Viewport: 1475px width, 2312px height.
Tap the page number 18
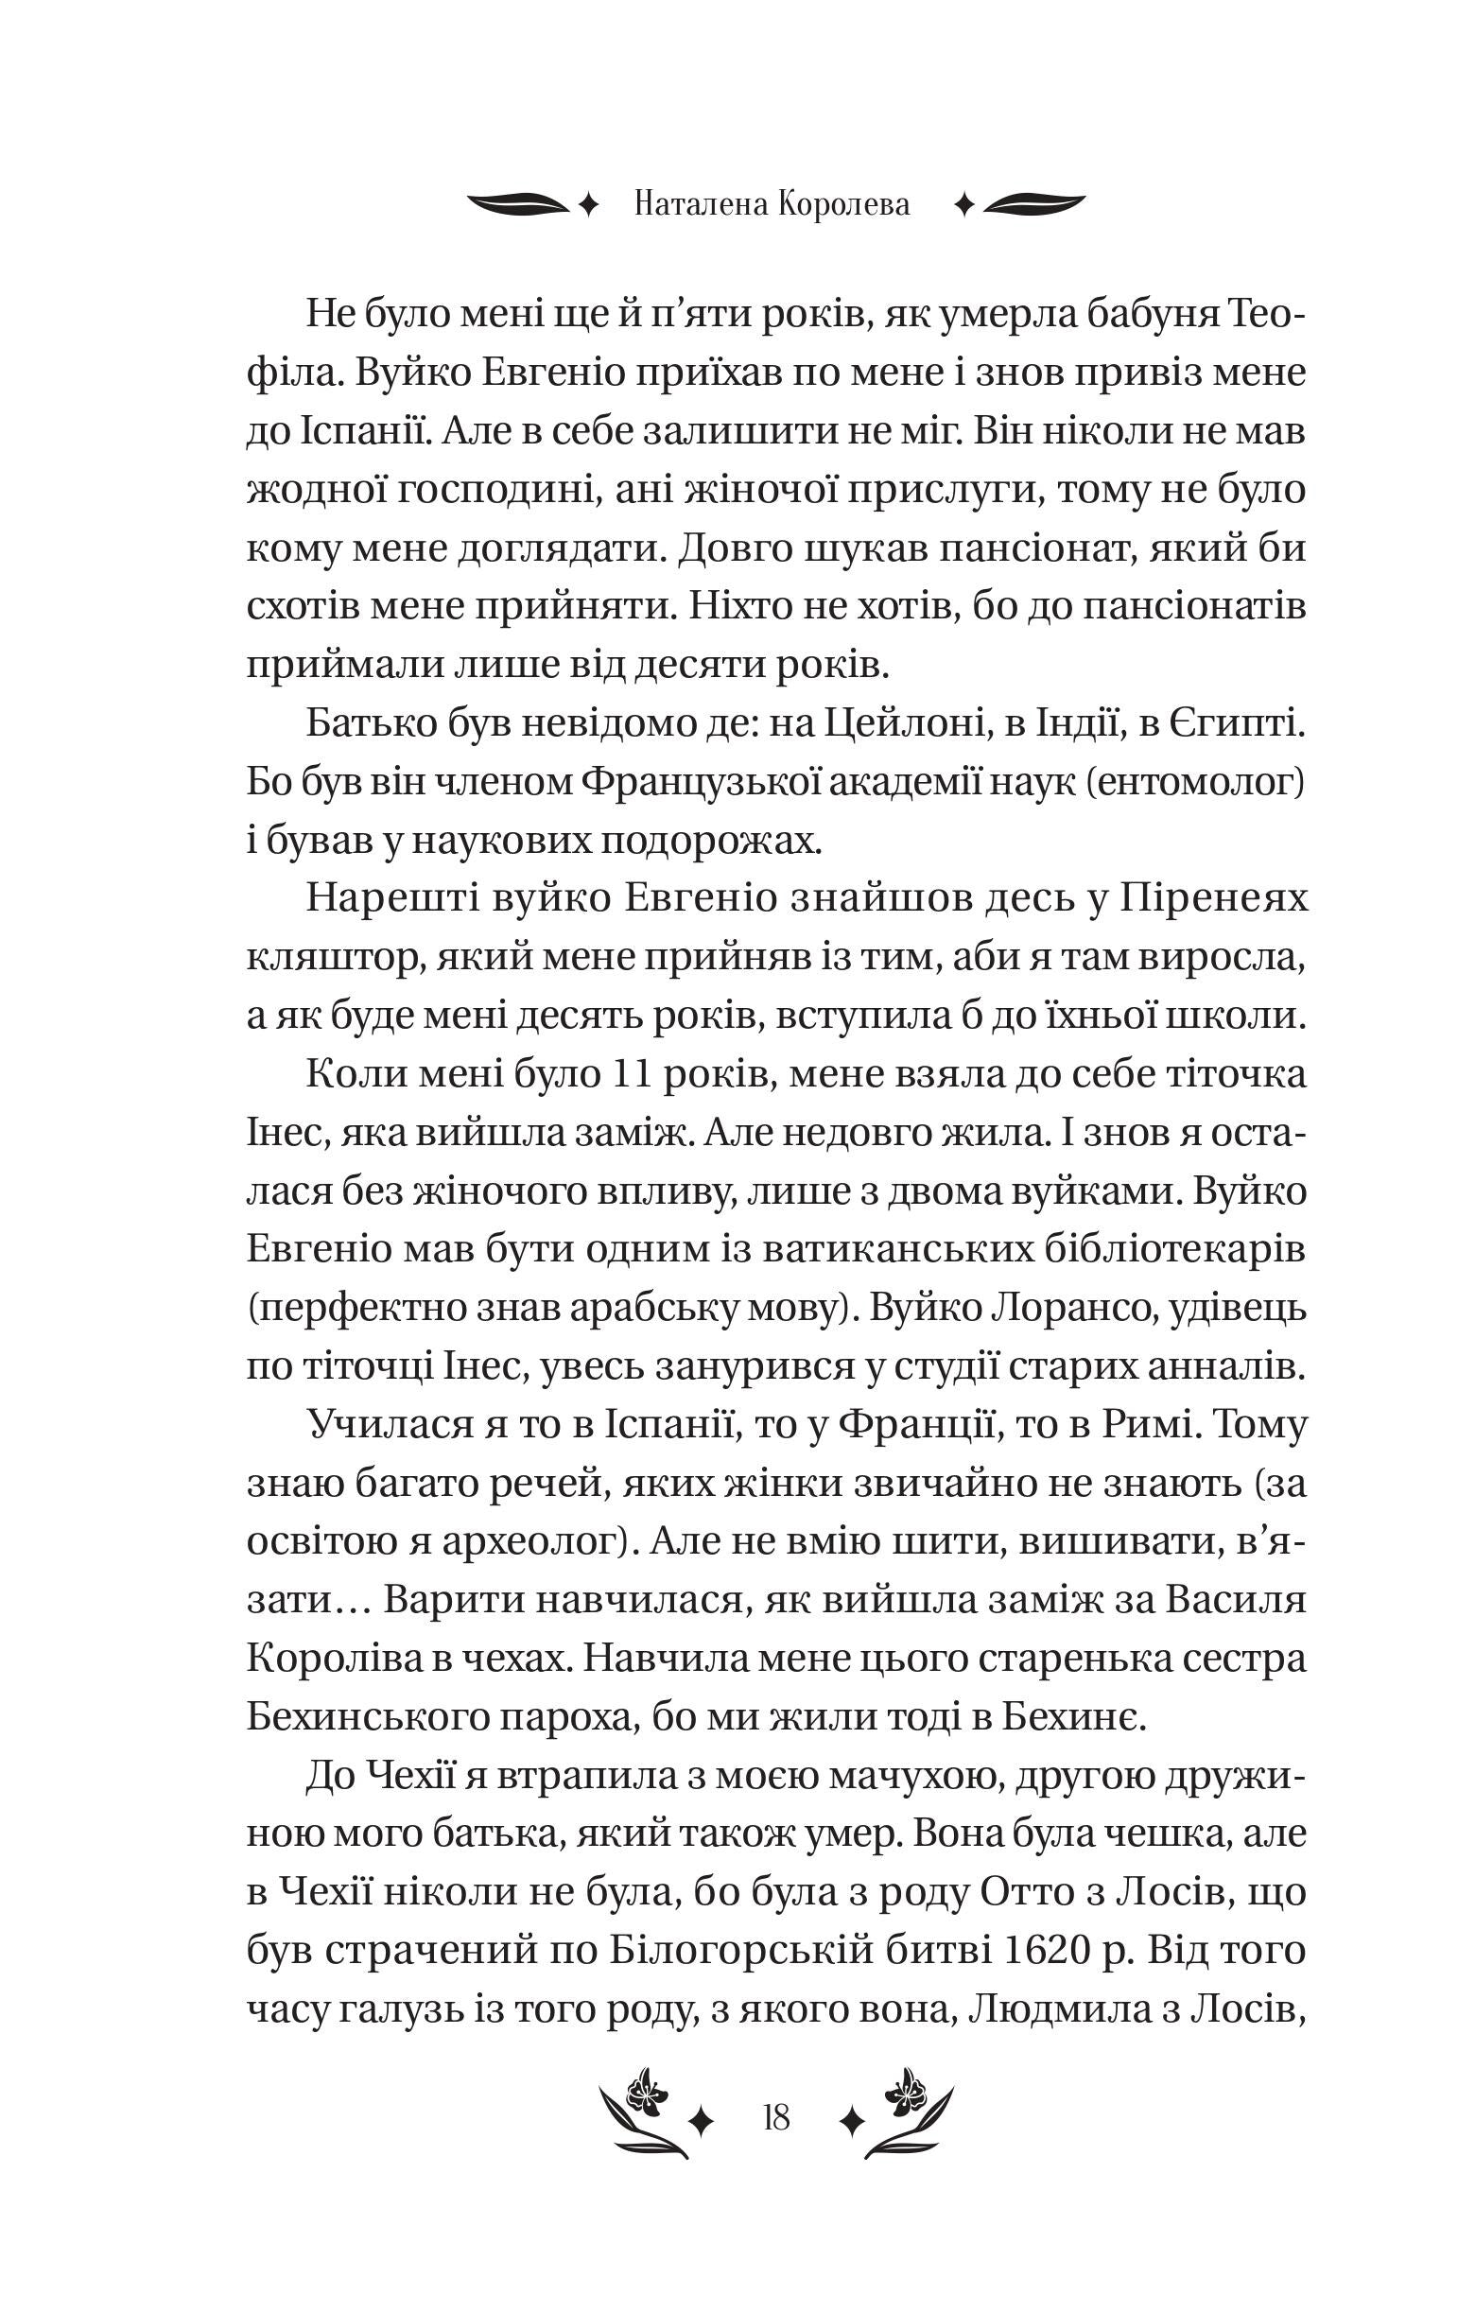pos(775,2116)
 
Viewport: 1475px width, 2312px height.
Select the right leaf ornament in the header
pos(1033,203)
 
